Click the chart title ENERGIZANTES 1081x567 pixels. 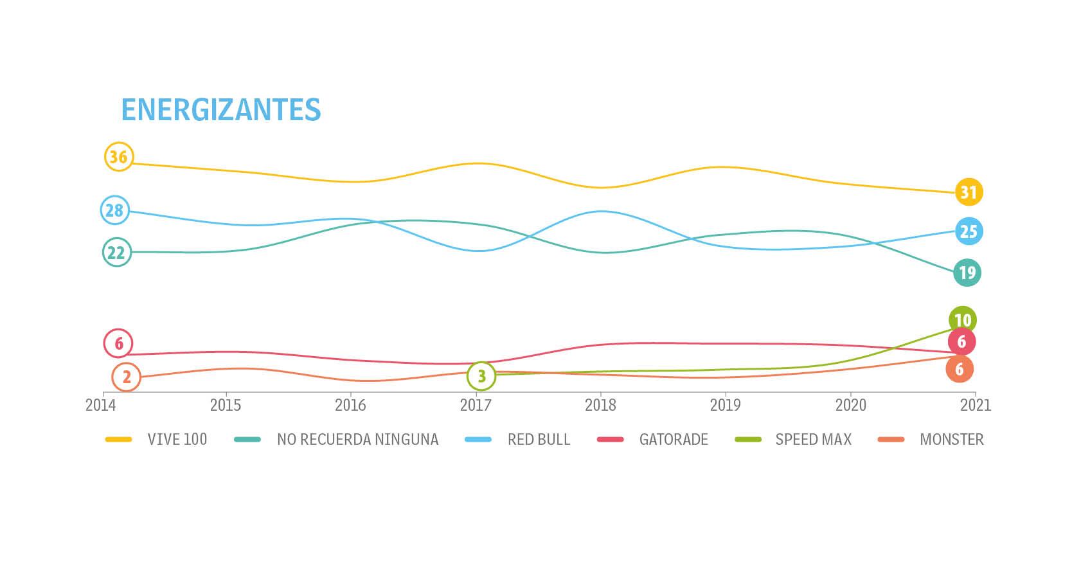[220, 110]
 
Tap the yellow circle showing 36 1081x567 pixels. [118, 156]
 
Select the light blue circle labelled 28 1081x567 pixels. [114, 210]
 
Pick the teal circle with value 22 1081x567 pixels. [116, 253]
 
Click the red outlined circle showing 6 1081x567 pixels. [118, 343]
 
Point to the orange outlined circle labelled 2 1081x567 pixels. [126, 377]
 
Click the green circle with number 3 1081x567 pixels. [481, 375]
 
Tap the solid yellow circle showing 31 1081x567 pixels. [969, 192]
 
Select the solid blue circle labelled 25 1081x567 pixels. [969, 231]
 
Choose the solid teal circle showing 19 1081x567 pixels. [967, 273]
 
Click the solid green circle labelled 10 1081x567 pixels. [962, 319]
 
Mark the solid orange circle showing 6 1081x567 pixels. [960, 369]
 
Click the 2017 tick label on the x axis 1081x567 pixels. [476, 405]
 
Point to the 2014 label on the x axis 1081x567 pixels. [101, 405]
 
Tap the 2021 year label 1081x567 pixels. [976, 405]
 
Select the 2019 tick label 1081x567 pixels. [725, 405]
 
